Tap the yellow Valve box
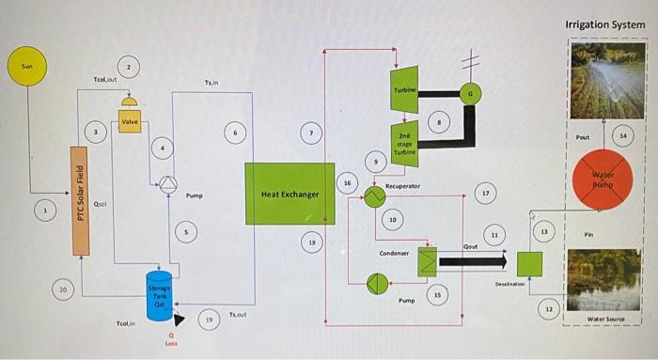[x=130, y=122]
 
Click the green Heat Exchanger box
[x=290, y=194]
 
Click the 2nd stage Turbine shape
[x=404, y=144]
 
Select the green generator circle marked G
[x=469, y=93]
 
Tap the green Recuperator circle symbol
[x=374, y=196]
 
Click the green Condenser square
[x=428, y=260]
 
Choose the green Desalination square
[x=530, y=263]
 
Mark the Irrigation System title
[x=604, y=23]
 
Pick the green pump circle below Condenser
[x=377, y=282]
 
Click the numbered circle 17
[x=486, y=193]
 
